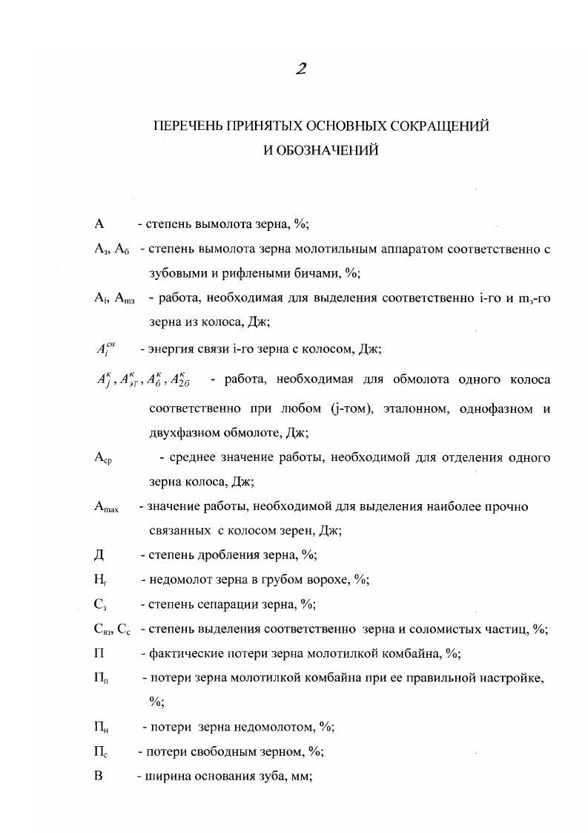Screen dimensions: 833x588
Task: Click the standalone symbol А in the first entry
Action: click(x=99, y=223)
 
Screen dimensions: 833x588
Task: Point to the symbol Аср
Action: click(x=102, y=458)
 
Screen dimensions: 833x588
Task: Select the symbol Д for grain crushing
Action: click(x=99, y=555)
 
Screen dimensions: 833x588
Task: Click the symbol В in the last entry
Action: click(x=98, y=776)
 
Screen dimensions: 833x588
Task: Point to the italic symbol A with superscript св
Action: click(x=105, y=349)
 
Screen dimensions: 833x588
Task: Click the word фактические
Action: click(x=183, y=653)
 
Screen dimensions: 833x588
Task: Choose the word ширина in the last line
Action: click(x=168, y=776)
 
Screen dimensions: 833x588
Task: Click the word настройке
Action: click(x=512, y=678)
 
